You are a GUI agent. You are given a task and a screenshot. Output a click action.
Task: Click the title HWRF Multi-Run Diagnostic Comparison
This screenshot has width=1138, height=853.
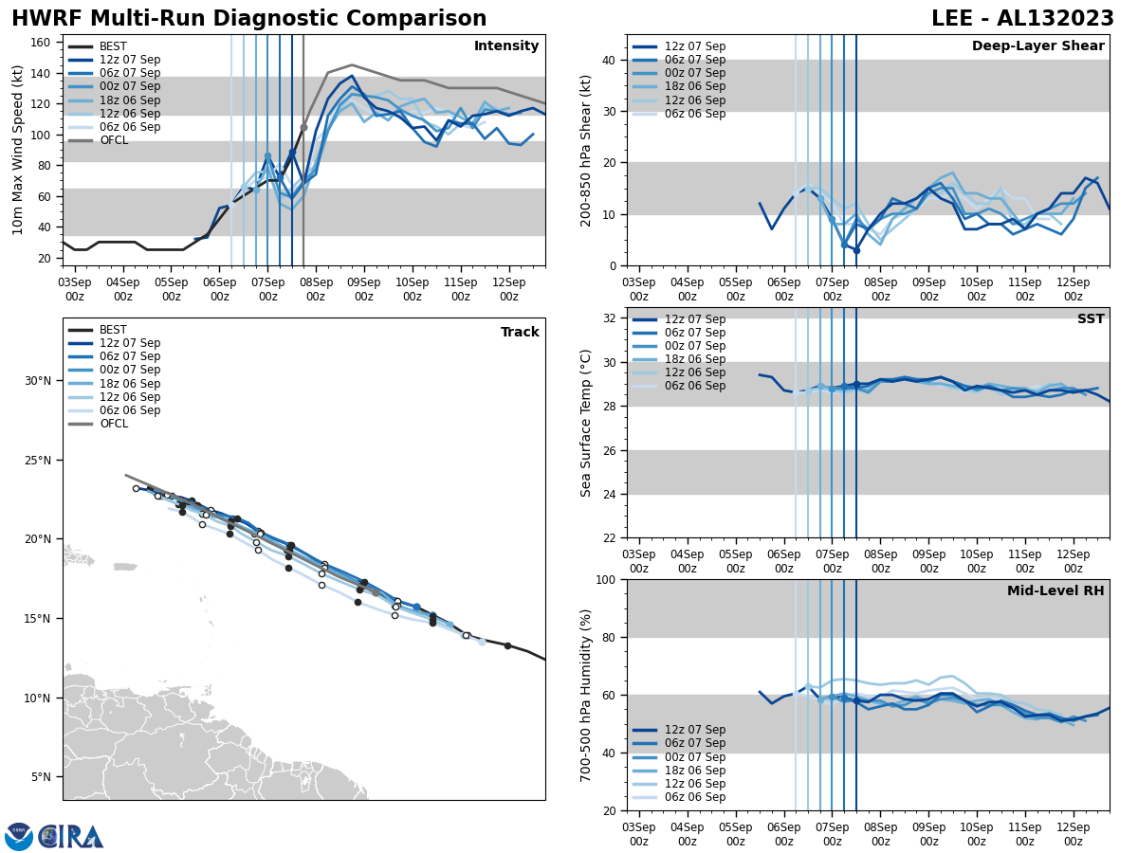pos(248,19)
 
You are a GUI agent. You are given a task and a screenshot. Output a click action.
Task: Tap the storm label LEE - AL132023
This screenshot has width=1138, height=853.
pos(1022,19)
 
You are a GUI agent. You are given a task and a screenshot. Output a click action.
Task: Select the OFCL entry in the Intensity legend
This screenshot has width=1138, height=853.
pos(114,140)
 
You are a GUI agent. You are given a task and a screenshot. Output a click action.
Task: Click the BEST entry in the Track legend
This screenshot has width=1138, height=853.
pos(113,330)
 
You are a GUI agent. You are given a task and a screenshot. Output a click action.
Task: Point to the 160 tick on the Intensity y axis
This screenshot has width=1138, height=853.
pos(43,43)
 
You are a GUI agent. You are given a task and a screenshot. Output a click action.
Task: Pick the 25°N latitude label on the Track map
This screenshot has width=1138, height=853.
pos(38,461)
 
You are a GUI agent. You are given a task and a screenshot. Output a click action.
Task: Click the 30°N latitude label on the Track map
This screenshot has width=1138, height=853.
pos(38,381)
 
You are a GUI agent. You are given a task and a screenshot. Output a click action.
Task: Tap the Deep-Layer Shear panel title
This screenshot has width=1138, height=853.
pos(1037,46)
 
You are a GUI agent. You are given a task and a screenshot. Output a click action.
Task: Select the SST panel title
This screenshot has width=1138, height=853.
pos(1091,319)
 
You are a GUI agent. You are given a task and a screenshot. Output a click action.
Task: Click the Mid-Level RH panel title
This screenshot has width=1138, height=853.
pos(1055,591)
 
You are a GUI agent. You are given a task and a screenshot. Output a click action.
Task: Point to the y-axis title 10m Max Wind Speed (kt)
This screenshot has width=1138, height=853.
pos(18,150)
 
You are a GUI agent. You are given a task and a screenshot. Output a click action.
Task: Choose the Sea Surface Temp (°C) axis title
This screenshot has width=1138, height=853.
pos(587,423)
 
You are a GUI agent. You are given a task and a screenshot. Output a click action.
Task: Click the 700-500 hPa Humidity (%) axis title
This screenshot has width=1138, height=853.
pos(587,695)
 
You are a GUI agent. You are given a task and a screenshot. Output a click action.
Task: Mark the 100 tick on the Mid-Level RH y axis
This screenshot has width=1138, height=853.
pos(603,579)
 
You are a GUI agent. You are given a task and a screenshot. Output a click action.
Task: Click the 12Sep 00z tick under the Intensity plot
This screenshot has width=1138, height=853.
pos(508,289)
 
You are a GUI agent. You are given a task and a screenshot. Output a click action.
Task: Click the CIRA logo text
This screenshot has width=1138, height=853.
pos(71,836)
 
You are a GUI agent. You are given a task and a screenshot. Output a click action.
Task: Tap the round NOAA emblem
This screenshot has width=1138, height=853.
pos(19,836)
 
